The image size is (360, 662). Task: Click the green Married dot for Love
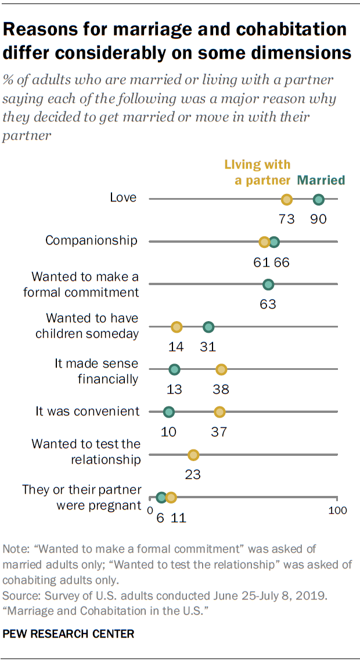coord(318,200)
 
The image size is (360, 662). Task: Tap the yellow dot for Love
coord(286,200)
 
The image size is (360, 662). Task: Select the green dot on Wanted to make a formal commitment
coord(268,285)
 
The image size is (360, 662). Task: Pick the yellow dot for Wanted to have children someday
coord(177,327)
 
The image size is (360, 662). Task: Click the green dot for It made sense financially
coord(174,369)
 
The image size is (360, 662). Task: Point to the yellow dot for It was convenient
coord(219,412)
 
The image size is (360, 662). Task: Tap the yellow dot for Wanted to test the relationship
coord(193,455)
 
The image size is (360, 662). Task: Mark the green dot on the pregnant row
coord(161,497)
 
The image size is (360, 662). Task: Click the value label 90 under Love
coord(318,219)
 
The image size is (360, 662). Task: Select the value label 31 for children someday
coord(208,347)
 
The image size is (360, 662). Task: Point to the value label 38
coord(221,389)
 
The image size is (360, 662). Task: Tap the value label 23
coord(193,474)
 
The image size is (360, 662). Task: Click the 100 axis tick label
coord(337,510)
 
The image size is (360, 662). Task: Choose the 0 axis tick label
coord(150,510)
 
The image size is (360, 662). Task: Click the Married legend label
coord(321,180)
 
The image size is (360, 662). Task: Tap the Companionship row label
coord(91,240)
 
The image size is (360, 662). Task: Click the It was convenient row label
coord(87,411)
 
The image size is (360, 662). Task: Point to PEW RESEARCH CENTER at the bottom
coord(69,634)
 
